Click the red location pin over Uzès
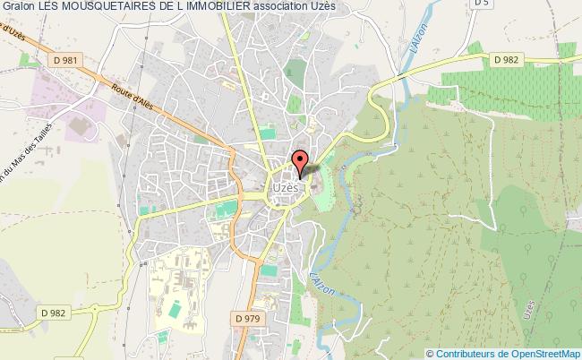point(300,162)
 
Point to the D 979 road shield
point(247,317)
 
